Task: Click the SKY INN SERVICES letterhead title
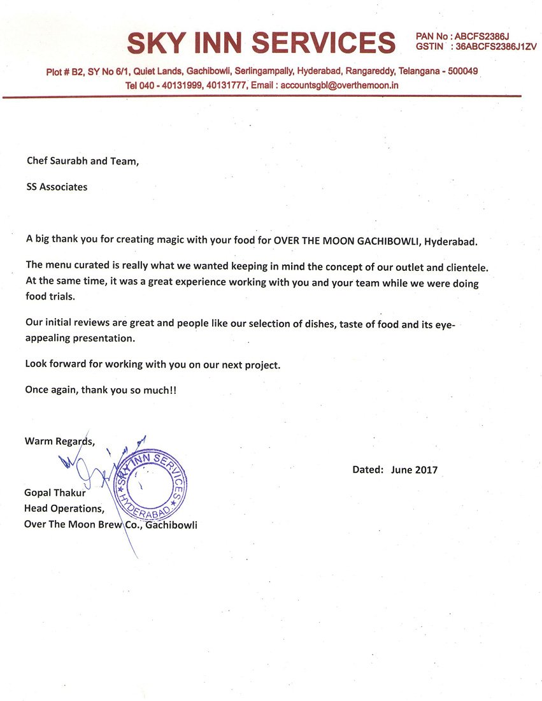[x=261, y=43]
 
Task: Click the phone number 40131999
[x=184, y=85]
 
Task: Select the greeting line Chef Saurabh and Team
[x=82, y=161]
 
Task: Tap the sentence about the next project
[x=152, y=365]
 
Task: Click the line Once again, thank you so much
[x=101, y=390]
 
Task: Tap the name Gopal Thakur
[x=55, y=493]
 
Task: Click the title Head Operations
[x=64, y=509]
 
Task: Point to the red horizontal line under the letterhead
[x=261, y=96]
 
